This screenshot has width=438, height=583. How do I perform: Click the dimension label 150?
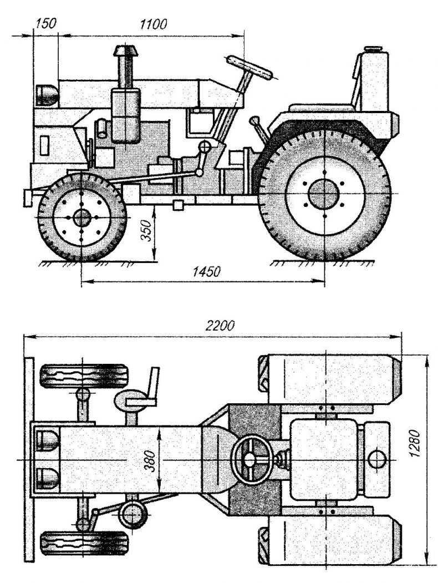tap(44, 24)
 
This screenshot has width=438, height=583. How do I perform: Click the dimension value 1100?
tap(154, 24)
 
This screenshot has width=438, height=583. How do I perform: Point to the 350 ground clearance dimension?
tap(146, 229)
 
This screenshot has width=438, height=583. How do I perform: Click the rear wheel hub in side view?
tap(323, 194)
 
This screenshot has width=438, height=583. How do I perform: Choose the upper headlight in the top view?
tap(47, 442)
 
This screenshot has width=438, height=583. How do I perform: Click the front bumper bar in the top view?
tap(28, 459)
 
